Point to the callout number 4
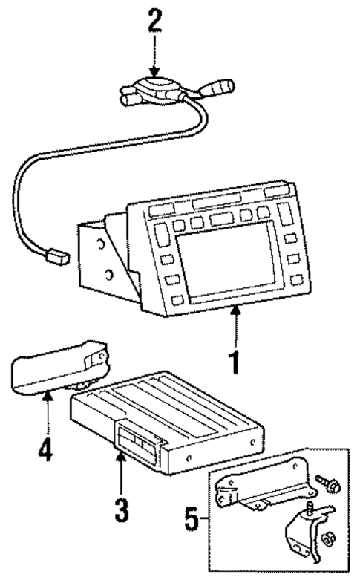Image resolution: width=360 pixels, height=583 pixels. pyautogui.click(x=46, y=452)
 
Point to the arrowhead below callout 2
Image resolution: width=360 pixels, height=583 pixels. pyautogui.click(x=154, y=69)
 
